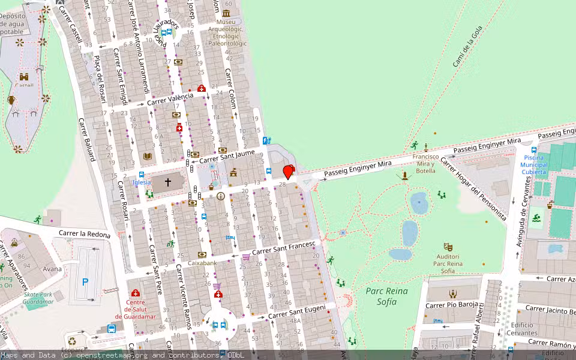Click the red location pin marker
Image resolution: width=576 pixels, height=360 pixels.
pyautogui.click(x=289, y=172)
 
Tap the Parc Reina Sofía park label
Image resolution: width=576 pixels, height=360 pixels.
pyautogui.click(x=386, y=296)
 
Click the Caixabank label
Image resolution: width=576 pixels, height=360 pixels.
pyautogui.click(x=202, y=263)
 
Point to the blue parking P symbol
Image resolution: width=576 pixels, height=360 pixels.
pyautogui.click(x=85, y=281)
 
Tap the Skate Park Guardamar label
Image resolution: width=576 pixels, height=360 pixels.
pyautogui.click(x=40, y=298)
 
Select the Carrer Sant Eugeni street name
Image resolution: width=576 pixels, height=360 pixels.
pyautogui.click(x=296, y=312)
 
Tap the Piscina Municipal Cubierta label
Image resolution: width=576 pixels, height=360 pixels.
pyautogui.click(x=534, y=165)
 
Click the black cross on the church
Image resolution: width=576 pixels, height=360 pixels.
pyautogui.click(x=168, y=182)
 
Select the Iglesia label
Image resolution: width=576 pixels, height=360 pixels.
pyautogui.click(x=141, y=182)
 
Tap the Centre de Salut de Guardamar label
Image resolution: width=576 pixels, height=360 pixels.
pyautogui.click(x=136, y=309)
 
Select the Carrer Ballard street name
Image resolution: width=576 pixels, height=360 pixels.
pyautogui.click(x=86, y=139)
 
